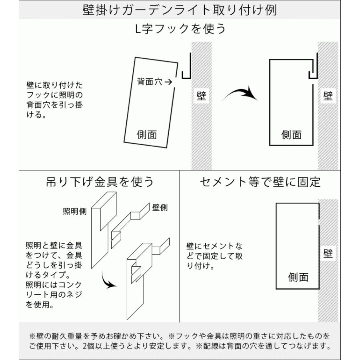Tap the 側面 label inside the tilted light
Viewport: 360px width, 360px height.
point(147,135)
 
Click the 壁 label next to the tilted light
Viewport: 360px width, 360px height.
point(201,96)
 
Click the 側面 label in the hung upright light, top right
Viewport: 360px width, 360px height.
point(292,135)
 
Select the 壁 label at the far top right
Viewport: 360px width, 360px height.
point(328,96)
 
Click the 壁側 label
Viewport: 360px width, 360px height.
point(160,207)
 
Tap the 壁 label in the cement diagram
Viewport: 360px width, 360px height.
point(328,254)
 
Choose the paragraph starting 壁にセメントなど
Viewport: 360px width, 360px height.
point(214,255)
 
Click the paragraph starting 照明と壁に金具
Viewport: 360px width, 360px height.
point(54,275)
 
